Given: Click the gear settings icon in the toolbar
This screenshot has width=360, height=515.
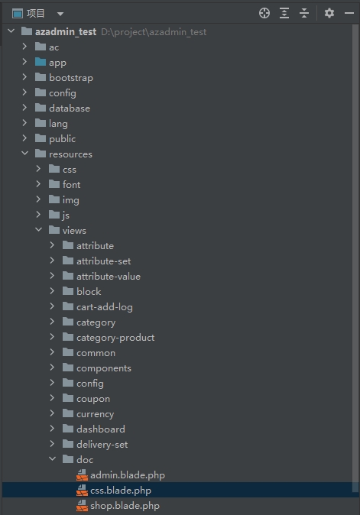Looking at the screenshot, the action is [x=329, y=13].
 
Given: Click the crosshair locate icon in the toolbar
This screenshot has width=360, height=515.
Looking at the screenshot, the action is [x=264, y=13].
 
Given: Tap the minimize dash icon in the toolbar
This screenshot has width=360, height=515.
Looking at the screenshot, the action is [x=349, y=13].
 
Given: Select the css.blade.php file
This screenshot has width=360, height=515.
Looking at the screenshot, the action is [x=121, y=491].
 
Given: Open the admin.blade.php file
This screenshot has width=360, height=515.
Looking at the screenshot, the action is [x=128, y=475].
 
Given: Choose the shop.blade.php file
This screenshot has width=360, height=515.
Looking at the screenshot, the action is [x=125, y=506].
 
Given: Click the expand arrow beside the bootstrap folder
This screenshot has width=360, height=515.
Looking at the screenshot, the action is [x=24, y=77].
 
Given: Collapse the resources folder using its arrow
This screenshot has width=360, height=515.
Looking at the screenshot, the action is [x=24, y=154].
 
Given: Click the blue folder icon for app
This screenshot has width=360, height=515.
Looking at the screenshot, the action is [x=41, y=62].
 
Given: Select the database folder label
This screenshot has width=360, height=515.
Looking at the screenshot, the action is [x=70, y=109].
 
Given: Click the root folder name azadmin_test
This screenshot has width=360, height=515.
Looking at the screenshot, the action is [x=66, y=32].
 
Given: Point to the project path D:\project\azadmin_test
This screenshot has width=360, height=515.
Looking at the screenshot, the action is [x=154, y=32].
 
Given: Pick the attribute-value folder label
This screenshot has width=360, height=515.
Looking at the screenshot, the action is [x=109, y=277].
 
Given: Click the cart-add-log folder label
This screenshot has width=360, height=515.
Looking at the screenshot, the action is [x=105, y=307].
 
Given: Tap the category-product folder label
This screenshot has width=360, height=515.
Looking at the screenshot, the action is [x=115, y=338].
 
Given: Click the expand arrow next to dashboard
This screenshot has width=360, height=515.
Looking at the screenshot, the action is [x=52, y=429].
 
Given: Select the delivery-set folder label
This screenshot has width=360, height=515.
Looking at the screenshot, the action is [x=102, y=445].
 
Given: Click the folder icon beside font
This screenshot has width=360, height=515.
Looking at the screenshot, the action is [x=54, y=184].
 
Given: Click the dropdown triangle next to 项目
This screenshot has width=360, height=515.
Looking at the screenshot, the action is [x=60, y=14].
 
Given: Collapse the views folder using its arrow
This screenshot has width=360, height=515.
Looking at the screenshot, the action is [x=38, y=229].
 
